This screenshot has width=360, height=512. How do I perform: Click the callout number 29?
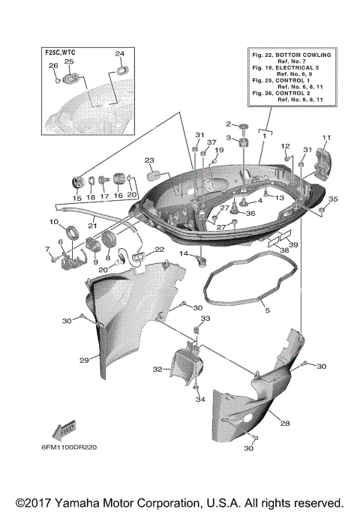(x=84, y=361)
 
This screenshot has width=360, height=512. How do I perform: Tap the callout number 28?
(x=285, y=424)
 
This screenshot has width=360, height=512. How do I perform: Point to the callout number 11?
(x=326, y=137)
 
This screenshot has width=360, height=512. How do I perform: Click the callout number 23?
(x=149, y=160)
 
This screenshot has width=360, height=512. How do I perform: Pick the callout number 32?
(x=158, y=369)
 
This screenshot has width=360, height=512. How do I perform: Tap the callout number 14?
(x=184, y=255)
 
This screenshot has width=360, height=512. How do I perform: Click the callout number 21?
(x=94, y=224)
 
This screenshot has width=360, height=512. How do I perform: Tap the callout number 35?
(x=333, y=199)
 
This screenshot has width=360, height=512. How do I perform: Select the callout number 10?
(x=54, y=223)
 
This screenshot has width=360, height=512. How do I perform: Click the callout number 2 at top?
(x=229, y=124)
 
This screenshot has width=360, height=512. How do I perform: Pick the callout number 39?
(x=293, y=245)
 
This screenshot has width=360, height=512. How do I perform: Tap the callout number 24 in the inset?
(x=119, y=54)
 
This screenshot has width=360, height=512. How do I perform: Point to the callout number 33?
(x=206, y=319)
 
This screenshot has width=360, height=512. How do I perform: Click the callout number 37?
(x=211, y=142)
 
